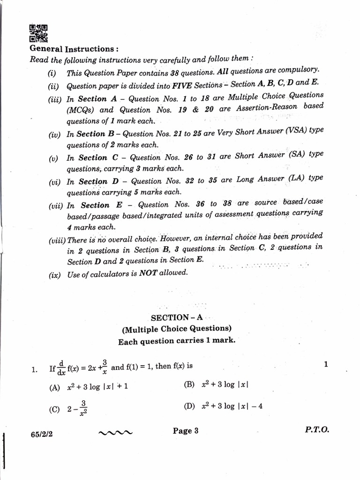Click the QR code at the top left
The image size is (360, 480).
[x=38, y=33]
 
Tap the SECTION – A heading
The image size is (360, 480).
[x=177, y=317]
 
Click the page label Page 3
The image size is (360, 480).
[x=186, y=431]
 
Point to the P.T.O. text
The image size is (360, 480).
[x=316, y=430]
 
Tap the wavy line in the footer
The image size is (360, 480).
[x=116, y=433]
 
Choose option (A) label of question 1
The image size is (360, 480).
[x=55, y=388]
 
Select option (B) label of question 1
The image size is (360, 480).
[x=189, y=384]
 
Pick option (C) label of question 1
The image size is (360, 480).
[x=54, y=409]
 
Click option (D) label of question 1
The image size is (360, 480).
[x=189, y=406]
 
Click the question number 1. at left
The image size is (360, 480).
[x=34, y=370]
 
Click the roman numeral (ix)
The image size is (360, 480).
[x=54, y=275]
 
